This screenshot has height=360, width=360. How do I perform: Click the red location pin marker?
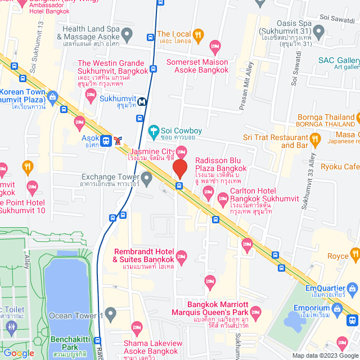179,169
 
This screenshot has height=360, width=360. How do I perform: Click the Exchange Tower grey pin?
147,179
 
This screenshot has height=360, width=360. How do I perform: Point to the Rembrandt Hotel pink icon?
181,256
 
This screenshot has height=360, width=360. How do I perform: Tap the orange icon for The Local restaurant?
198,37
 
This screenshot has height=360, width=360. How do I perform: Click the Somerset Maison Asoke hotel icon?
214,46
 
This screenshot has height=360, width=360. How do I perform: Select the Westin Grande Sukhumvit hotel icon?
90,96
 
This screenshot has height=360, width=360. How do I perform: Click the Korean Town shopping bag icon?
53,97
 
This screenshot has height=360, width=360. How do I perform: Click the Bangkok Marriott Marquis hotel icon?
255,311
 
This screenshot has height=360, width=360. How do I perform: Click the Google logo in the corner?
19,353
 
